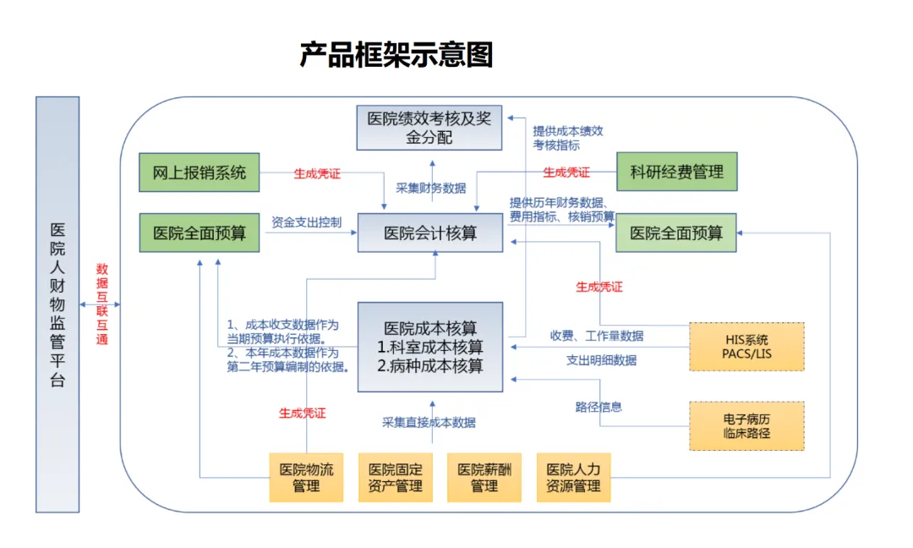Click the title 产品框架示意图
396,55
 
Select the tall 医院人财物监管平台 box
57,304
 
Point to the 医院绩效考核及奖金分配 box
429,128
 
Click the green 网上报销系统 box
199,173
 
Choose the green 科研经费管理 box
676,173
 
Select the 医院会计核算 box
430,233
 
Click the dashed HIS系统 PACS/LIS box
746,346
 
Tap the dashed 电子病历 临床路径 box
746,425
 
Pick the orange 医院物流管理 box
306,478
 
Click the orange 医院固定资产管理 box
395,478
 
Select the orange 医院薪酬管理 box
484,478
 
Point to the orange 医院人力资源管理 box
573,478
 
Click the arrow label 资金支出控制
307,223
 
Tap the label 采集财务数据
431,188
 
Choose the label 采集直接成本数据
429,422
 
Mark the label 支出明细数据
601,360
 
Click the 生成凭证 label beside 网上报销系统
317,173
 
